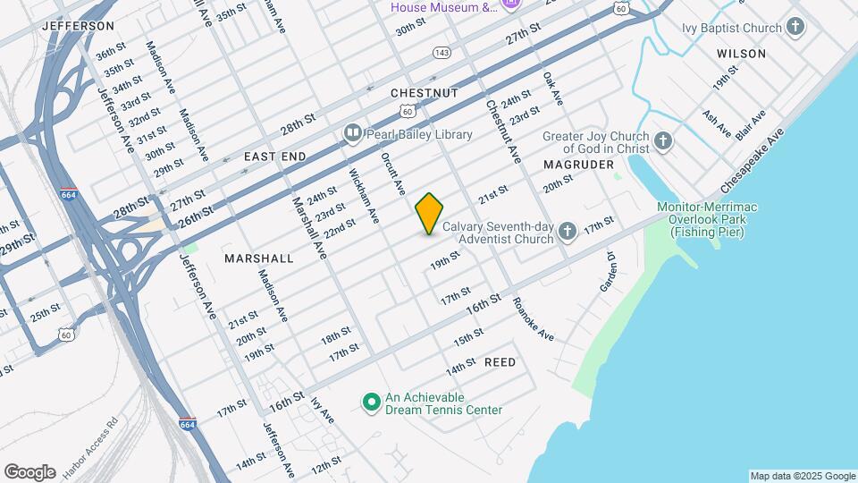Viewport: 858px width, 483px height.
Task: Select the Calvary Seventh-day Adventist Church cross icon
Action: pos(567,233)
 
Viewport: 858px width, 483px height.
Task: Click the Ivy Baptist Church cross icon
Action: pos(795,28)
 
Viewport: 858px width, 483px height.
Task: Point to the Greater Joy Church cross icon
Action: pos(662,140)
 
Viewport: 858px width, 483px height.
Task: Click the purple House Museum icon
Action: pos(511,5)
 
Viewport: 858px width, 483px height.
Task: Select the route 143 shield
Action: pos(441,53)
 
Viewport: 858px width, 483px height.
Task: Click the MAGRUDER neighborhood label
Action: pos(578,165)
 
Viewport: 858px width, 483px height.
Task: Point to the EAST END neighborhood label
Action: pos(275,157)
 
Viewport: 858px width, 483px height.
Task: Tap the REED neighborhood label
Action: pos(500,362)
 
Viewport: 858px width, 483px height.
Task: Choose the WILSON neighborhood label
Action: pos(741,54)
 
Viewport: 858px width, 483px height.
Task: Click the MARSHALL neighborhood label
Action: pos(259,258)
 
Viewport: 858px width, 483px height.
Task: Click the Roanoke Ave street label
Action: pos(534,319)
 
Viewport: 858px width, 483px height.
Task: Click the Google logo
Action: pos(29,471)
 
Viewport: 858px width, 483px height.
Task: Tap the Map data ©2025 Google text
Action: pos(803,476)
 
